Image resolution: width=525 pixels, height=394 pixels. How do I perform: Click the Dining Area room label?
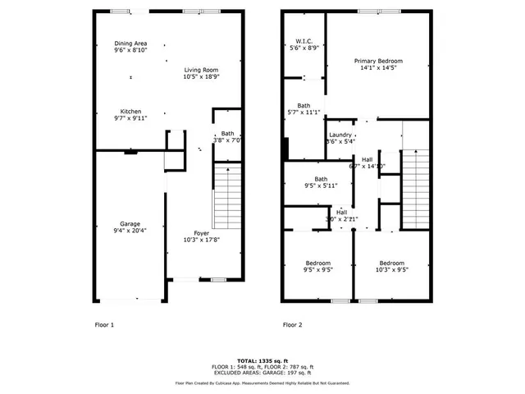pyautogui.click(x=130, y=44)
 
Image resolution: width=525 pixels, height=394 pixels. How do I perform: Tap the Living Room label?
pyautogui.click(x=201, y=70)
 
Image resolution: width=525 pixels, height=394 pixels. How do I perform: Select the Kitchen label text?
pyautogui.click(x=130, y=112)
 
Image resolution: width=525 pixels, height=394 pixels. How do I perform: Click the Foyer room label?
pyautogui.click(x=201, y=232)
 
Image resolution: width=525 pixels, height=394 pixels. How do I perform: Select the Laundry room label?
pyautogui.click(x=340, y=135)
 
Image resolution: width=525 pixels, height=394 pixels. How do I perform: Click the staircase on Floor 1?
pyautogui.click(x=227, y=196)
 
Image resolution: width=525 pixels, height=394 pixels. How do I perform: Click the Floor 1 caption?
pyautogui.click(x=104, y=325)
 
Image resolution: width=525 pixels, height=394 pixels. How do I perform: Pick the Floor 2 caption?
pyautogui.click(x=293, y=325)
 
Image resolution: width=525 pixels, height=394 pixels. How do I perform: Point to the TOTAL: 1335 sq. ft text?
pyautogui.click(x=262, y=360)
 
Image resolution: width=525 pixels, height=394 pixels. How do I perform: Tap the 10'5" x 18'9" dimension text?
pyautogui.click(x=201, y=77)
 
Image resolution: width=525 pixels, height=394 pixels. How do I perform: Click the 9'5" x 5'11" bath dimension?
pyautogui.click(x=316, y=186)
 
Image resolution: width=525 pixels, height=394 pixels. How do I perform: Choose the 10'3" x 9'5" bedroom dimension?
pyautogui.click(x=391, y=269)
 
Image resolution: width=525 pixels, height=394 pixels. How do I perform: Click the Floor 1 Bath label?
pyautogui.click(x=227, y=133)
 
